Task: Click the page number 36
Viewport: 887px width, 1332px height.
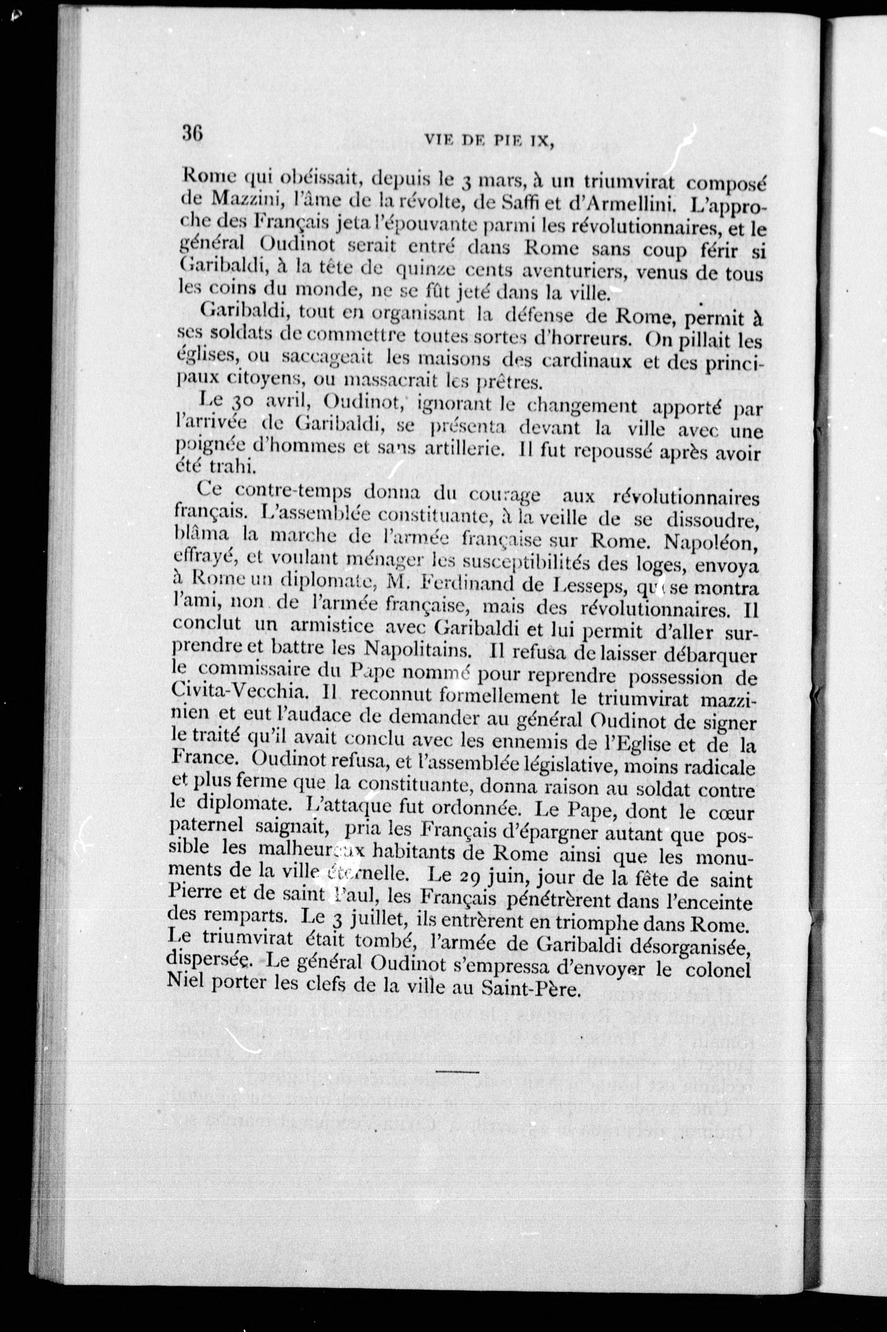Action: pyautogui.click(x=192, y=135)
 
